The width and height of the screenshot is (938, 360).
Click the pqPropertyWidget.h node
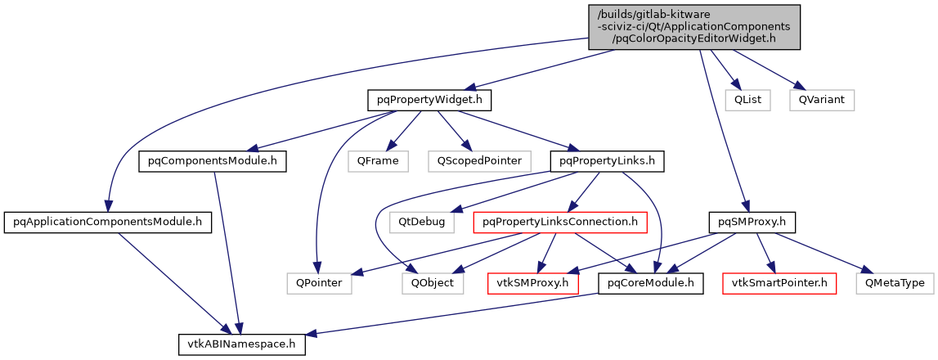[429, 101]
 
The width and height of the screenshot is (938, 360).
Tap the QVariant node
[822, 101]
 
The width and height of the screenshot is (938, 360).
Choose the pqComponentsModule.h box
[213, 161]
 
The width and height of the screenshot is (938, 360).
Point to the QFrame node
[377, 161]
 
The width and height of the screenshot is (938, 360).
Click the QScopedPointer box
[478, 161]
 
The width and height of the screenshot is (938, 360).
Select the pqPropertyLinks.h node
[606, 161]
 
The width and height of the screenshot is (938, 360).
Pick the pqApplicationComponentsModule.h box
[108, 222]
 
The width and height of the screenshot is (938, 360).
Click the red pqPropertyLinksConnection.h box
[560, 222]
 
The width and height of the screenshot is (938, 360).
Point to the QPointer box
[320, 283]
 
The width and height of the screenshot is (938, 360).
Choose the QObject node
[433, 283]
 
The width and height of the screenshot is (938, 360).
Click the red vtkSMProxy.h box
[532, 283]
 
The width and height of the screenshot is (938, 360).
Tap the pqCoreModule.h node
[651, 283]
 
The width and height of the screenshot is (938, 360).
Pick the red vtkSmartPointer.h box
[779, 283]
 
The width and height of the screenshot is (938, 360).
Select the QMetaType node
[895, 283]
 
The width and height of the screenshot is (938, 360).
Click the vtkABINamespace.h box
[242, 344]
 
